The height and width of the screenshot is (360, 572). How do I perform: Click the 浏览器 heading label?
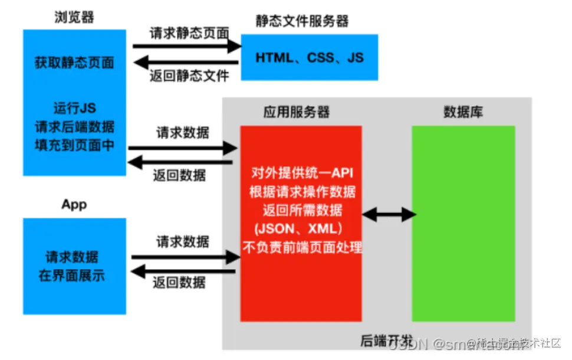74,17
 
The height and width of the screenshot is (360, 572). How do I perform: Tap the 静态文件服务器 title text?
302,22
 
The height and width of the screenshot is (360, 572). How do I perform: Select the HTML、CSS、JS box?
310,57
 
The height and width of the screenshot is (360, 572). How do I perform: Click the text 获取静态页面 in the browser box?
74,63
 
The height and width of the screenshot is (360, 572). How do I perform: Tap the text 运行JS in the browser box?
74,109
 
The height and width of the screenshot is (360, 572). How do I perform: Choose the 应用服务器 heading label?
296,112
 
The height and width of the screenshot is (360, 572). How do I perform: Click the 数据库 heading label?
463,112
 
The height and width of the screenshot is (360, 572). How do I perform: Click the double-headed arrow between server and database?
389,215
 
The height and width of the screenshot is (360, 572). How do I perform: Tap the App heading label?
74,205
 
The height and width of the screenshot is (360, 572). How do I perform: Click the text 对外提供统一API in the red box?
301,174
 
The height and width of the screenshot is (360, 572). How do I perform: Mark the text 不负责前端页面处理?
301,247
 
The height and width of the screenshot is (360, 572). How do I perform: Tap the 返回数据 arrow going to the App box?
182,271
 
